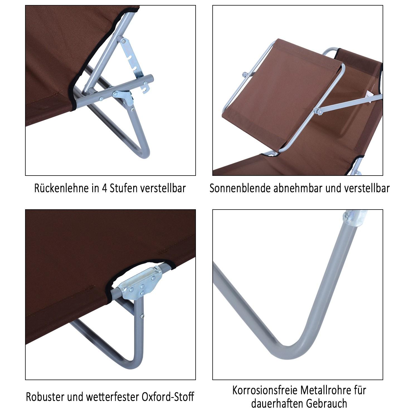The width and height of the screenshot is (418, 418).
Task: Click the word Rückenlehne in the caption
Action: click(62, 188)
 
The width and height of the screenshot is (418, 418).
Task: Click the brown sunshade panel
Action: click(281, 92)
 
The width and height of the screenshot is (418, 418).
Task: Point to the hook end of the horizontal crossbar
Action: click(145, 87)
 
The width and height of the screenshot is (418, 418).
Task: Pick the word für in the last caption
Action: click(360, 390)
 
